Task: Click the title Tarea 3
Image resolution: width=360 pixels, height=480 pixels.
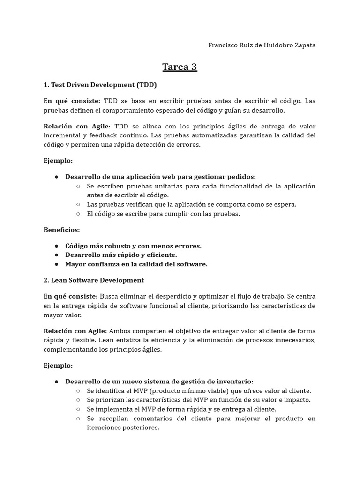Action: [x=180, y=67]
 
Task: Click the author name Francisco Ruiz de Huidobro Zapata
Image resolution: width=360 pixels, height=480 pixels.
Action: [x=262, y=45]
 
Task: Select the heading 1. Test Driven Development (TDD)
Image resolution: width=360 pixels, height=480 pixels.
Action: [x=100, y=85]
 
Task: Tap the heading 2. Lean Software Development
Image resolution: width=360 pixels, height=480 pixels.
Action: [x=94, y=280]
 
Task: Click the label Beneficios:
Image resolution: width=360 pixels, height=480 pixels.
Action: [x=61, y=230]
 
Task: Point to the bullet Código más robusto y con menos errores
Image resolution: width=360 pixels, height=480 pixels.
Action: [x=133, y=246]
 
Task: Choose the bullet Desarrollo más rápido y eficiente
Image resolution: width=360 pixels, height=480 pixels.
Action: [x=121, y=255]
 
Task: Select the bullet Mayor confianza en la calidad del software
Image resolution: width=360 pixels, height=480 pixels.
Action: [x=136, y=264]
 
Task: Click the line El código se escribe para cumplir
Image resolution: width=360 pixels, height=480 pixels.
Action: [x=163, y=214]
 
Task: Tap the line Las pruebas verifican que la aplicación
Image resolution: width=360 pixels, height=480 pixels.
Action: [x=191, y=204]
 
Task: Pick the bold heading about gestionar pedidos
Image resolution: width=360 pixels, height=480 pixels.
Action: [x=160, y=177]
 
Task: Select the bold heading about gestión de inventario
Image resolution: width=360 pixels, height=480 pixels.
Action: [x=159, y=382]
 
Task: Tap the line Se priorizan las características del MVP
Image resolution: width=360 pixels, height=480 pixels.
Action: [x=199, y=400]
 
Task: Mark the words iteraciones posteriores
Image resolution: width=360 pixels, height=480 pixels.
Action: [x=123, y=427]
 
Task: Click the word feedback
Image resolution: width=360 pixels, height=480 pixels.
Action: [x=104, y=135]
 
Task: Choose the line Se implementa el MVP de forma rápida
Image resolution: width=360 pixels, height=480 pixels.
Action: [x=181, y=409]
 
